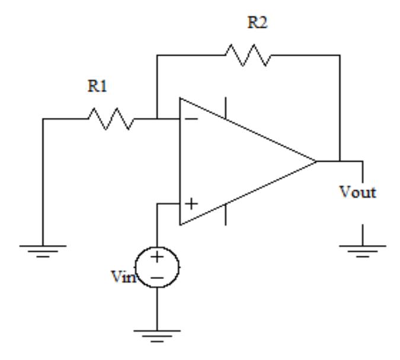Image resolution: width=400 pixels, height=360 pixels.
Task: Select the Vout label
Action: [x=360, y=193]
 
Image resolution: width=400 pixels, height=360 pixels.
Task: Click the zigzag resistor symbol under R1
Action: [x=111, y=118]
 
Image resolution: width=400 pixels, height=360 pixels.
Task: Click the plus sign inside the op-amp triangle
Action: [x=191, y=204]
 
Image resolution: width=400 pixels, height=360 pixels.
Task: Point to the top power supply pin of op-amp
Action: [x=225, y=108]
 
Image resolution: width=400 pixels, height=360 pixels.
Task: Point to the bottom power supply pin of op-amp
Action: [x=225, y=214]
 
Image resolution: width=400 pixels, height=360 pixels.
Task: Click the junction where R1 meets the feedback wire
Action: [x=156, y=118]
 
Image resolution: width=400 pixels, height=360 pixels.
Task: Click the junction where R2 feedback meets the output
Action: [x=340, y=160]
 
